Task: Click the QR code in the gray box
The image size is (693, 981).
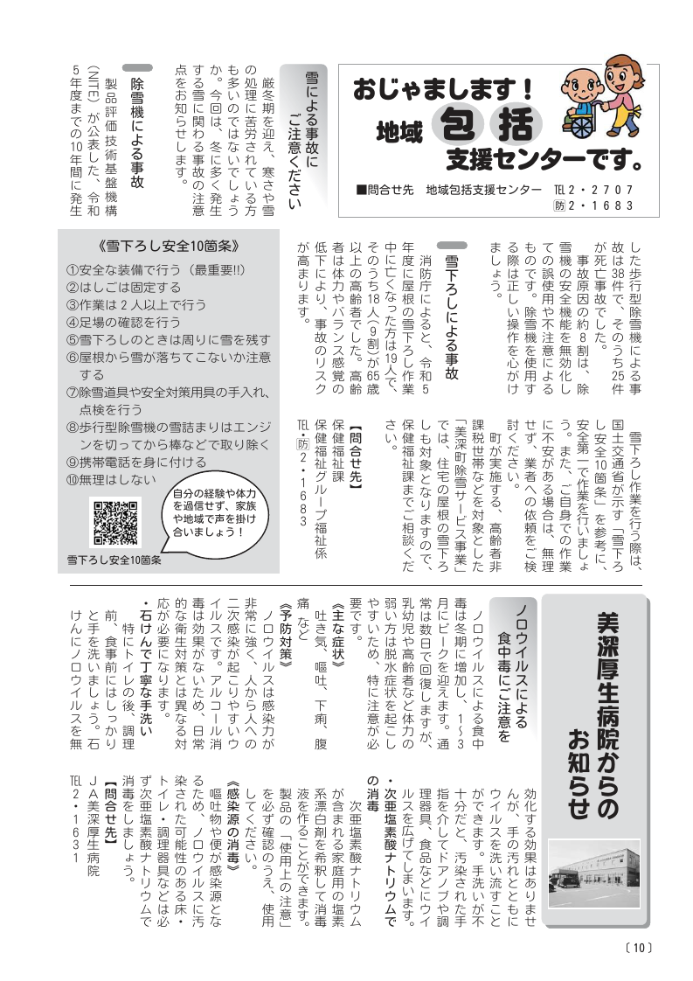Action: click(114, 521)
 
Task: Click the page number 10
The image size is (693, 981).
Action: click(639, 947)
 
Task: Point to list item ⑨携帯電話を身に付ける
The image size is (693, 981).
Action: click(124, 461)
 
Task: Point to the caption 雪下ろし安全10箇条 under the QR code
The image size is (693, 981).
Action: click(114, 559)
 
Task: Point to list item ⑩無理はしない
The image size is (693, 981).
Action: click(111, 479)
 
